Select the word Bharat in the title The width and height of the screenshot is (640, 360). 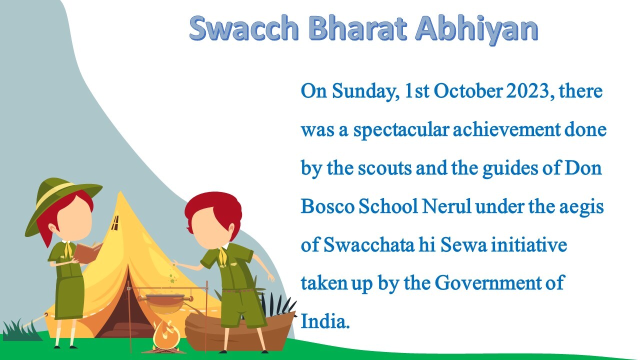(357, 27)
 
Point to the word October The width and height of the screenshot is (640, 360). (468, 91)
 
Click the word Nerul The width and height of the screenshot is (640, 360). (446, 206)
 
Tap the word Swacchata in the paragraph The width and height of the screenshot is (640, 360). (369, 244)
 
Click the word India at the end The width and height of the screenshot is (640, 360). (325, 321)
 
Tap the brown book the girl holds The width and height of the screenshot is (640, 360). (88, 252)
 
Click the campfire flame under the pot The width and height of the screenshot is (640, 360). (166, 335)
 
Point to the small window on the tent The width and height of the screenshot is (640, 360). (115, 223)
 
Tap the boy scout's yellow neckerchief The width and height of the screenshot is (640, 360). (223, 256)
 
